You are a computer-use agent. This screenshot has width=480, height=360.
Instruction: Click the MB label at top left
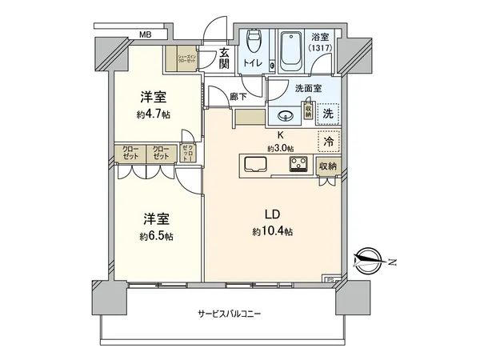(x=145, y=34)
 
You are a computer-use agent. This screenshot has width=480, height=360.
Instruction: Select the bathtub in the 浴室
(x=289, y=52)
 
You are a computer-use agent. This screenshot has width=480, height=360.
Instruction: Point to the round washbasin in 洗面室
(x=284, y=113)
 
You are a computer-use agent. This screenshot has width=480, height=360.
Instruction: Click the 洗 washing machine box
(x=328, y=114)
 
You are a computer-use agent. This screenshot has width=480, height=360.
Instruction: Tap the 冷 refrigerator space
(x=328, y=142)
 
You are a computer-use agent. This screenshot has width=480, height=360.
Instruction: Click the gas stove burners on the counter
(x=300, y=166)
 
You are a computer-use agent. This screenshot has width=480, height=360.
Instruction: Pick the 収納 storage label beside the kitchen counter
(x=327, y=166)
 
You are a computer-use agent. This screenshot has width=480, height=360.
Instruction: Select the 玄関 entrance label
(x=225, y=58)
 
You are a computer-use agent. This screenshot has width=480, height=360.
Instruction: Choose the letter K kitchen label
(x=281, y=135)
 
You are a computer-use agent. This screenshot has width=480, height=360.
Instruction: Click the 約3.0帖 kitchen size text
(x=281, y=148)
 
